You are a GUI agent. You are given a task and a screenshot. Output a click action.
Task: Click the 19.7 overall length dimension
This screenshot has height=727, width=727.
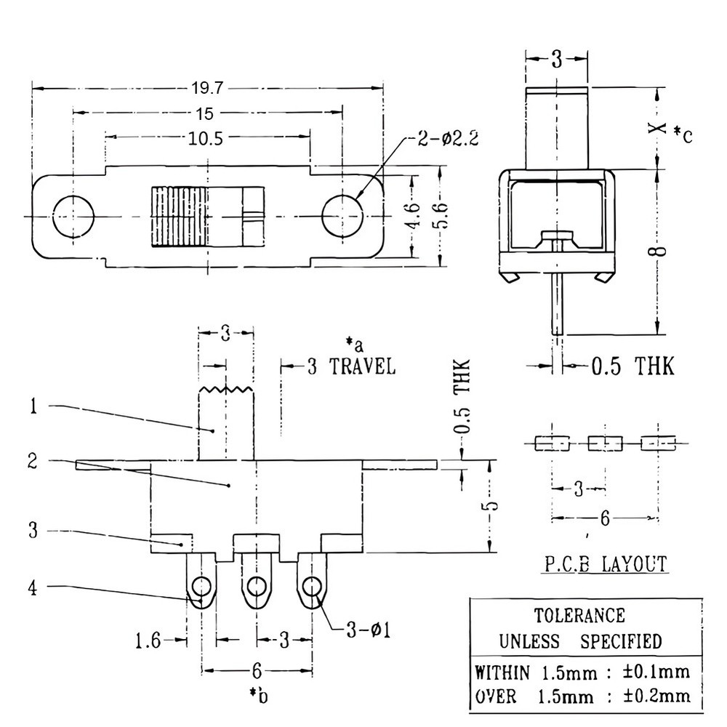(207, 89)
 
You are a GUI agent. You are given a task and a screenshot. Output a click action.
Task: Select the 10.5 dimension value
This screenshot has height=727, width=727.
(206, 138)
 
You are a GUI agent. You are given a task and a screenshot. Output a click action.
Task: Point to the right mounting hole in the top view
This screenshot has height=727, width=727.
(342, 217)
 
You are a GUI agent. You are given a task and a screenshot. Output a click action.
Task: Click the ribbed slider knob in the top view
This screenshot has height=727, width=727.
(178, 217)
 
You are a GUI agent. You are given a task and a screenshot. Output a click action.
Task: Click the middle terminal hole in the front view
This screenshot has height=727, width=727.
(257, 585)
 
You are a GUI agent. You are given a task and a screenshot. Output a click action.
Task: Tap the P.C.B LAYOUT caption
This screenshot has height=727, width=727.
(606, 563)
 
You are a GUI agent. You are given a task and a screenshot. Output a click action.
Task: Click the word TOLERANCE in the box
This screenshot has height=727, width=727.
(579, 616)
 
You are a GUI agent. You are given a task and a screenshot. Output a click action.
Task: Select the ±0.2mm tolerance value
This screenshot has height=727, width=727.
(656, 696)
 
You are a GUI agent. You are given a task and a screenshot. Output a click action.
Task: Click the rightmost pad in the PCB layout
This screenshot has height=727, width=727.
(658, 442)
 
